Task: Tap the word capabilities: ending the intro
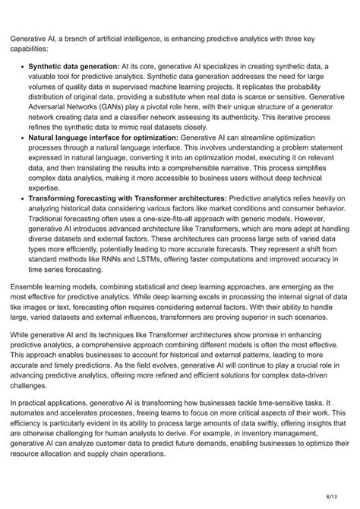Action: click(x=33, y=46)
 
